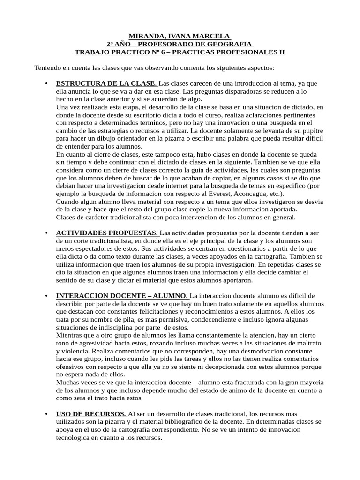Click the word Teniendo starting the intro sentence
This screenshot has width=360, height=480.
point(49,68)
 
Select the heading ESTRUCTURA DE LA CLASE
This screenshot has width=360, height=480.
point(107,83)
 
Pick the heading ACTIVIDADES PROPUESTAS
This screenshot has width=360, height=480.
point(107,233)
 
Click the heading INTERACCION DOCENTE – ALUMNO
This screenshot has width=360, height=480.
point(122,295)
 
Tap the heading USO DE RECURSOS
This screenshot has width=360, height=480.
point(91,414)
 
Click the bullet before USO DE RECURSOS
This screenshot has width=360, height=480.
point(46,414)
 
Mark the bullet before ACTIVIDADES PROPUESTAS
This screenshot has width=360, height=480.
point(46,233)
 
